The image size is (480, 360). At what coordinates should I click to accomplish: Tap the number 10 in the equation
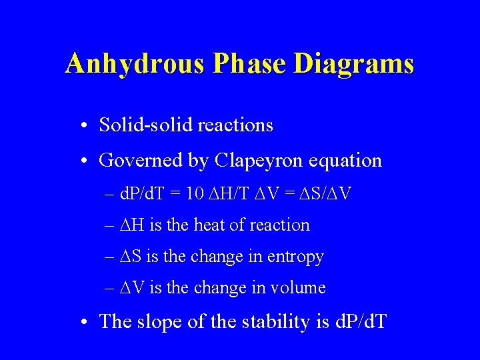coord(195,194)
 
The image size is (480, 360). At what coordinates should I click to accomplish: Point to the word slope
coord(159,321)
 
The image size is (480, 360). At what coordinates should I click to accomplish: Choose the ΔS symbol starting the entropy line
coord(132,257)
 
